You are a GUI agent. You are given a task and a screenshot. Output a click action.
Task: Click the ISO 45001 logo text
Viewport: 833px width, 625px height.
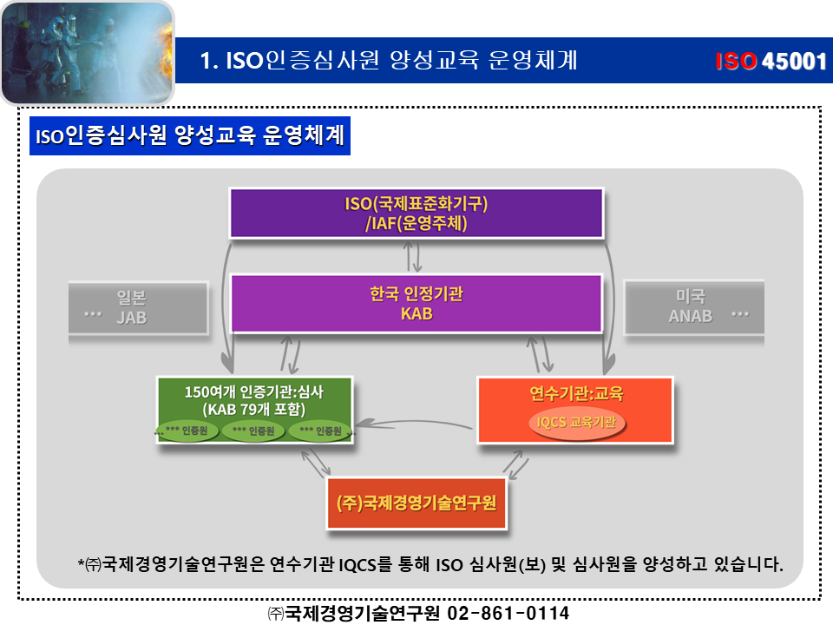(x=770, y=62)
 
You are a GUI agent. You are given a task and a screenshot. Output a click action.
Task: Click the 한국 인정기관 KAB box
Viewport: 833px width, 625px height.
(x=416, y=304)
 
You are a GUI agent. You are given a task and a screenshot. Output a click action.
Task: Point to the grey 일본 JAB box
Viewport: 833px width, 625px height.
(x=139, y=306)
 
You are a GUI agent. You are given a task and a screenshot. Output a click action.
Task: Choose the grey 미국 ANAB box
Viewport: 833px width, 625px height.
(x=694, y=306)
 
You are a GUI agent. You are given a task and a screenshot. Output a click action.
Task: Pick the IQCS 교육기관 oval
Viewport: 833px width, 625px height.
(x=577, y=422)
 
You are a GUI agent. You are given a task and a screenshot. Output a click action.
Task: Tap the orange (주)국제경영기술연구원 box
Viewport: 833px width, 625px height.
(x=416, y=503)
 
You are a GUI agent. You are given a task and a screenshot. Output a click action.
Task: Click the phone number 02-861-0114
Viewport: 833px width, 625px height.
(x=508, y=613)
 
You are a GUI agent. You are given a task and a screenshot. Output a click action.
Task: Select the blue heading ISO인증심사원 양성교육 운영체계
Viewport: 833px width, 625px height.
(x=189, y=137)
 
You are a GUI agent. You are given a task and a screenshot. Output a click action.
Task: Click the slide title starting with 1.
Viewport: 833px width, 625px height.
(x=388, y=61)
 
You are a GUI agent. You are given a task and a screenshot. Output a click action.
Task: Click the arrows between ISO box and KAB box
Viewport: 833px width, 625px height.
(x=416, y=256)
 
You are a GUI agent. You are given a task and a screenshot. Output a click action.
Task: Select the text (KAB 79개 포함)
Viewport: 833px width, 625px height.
(x=253, y=409)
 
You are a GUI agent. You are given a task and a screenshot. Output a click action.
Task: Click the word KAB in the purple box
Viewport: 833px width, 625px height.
(x=416, y=314)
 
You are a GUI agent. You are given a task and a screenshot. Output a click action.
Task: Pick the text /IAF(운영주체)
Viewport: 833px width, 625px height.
(x=416, y=223)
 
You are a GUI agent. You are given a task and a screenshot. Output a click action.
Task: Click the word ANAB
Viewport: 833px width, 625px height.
(x=690, y=316)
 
